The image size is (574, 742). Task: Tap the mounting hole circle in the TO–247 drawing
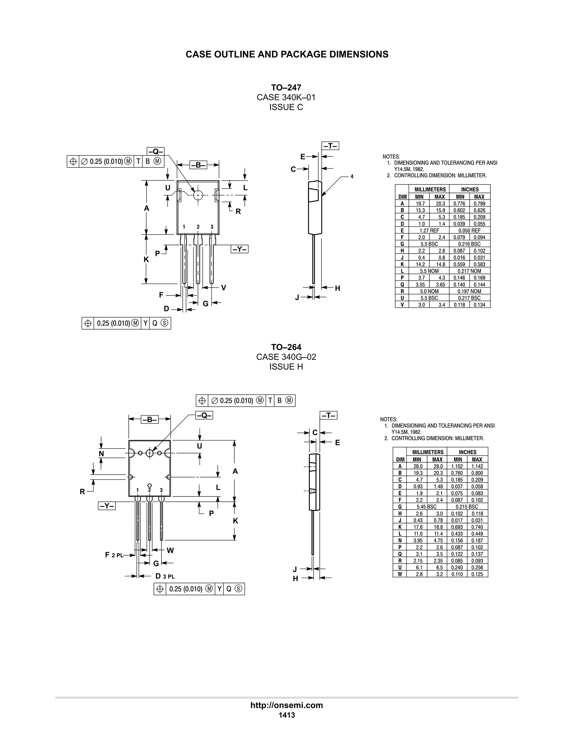(x=198, y=195)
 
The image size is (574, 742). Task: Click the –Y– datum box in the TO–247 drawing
(x=240, y=249)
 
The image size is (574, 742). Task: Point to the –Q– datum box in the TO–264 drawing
(x=204, y=415)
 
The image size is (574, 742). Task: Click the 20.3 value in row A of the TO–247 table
(x=440, y=204)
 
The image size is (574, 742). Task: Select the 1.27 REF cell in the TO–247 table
(x=429, y=230)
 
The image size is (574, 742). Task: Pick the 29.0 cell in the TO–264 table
(x=437, y=466)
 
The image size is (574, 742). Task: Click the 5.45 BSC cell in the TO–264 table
(x=426, y=507)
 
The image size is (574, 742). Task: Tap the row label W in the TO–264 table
(x=400, y=574)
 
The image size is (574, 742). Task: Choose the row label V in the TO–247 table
(x=402, y=305)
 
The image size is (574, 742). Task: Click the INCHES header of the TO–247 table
(x=470, y=189)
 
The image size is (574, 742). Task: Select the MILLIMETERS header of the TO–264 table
(x=428, y=452)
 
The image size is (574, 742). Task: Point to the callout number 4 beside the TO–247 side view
(x=352, y=176)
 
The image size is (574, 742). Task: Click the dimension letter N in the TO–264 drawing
(x=101, y=454)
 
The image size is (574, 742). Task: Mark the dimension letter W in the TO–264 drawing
(x=170, y=550)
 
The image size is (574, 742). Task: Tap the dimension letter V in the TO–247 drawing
(x=223, y=288)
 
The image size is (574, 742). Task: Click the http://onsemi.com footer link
(x=286, y=705)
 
